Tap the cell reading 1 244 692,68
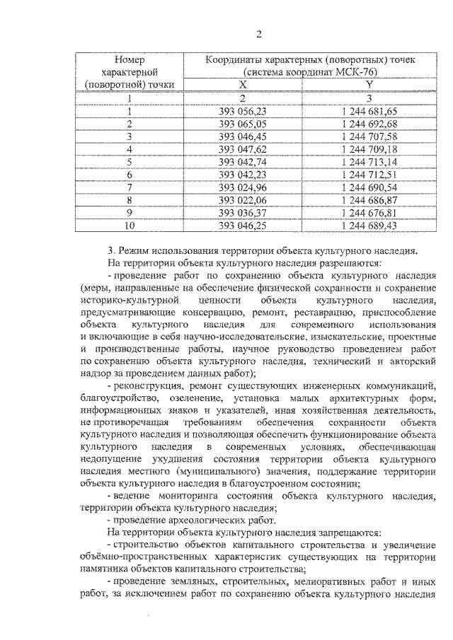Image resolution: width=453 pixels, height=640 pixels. (x=369, y=124)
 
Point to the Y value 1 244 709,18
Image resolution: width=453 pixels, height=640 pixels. (x=369, y=149)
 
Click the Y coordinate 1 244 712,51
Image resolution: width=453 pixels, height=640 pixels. (x=369, y=175)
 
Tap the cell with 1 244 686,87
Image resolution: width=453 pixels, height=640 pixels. (x=369, y=200)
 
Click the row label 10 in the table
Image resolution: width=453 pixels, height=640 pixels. (x=130, y=226)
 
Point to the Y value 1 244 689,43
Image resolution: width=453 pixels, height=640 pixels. (x=369, y=226)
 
